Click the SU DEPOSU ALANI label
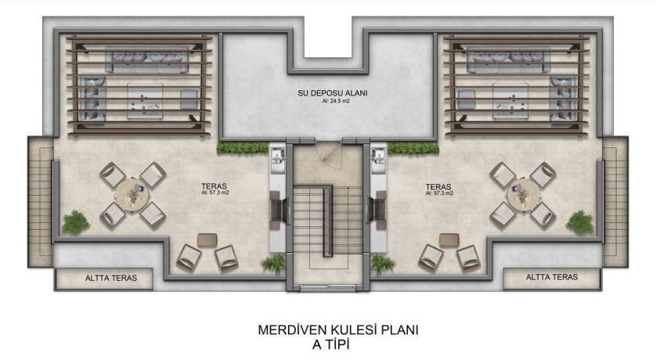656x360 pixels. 333,93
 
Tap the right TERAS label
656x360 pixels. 438,187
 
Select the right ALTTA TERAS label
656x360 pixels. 552,277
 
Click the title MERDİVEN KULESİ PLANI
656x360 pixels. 338,330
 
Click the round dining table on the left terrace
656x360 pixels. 132,193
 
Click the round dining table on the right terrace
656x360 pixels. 522,193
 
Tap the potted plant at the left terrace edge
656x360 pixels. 76,222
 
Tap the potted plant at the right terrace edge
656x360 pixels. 580,222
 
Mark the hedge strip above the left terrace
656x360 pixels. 243,148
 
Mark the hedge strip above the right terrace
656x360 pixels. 413,148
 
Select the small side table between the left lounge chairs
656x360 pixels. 207,240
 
